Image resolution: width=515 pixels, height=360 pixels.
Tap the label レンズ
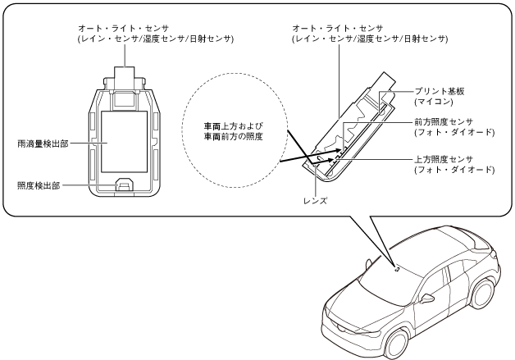315,200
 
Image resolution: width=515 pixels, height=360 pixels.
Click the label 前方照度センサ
446,121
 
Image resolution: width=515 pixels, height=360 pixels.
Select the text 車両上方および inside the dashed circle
235,128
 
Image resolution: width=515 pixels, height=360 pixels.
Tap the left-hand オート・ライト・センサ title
125,27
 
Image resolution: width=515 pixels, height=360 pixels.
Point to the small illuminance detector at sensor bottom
125,185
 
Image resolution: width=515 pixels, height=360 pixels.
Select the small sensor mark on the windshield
397,267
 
